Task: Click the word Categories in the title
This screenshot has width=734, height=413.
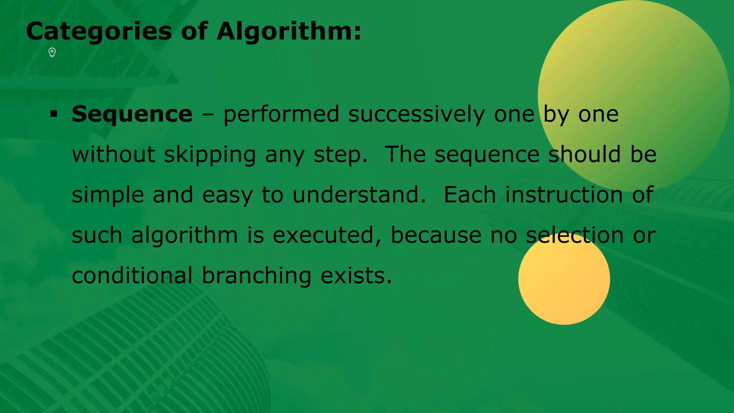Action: pyautogui.click(x=99, y=32)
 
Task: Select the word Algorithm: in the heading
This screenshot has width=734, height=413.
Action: pyautogui.click(x=289, y=32)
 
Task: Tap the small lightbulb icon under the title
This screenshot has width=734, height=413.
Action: pyautogui.click(x=52, y=52)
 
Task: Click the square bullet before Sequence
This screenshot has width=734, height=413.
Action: pyautogui.click(x=54, y=114)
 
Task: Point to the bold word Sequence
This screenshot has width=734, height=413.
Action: pyautogui.click(x=132, y=114)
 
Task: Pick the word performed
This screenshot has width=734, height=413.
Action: pyautogui.click(x=281, y=114)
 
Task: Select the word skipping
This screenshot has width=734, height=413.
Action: pyautogui.click(x=210, y=155)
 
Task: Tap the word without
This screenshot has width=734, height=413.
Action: pyautogui.click(x=113, y=155)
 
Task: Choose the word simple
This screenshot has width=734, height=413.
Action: pyautogui.click(x=108, y=195)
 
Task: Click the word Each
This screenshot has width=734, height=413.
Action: pyautogui.click(x=470, y=195)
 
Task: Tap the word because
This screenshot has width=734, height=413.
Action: pyautogui.click(x=436, y=236)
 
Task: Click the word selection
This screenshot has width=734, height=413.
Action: pyautogui.click(x=575, y=236)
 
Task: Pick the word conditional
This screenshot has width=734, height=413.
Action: pyautogui.click(x=132, y=276)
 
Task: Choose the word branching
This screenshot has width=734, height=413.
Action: pyautogui.click(x=257, y=276)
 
